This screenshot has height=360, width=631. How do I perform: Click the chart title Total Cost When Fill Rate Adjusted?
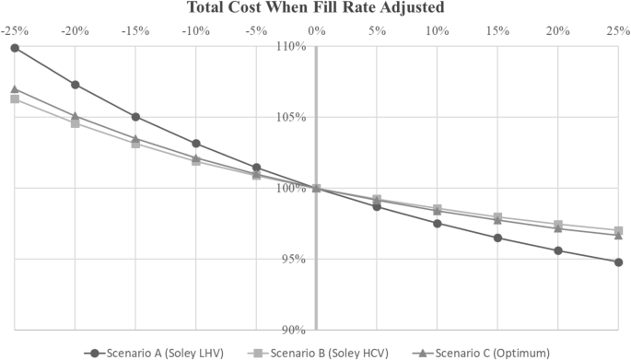[x=316, y=7]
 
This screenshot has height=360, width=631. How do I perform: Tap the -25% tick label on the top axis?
[x=14, y=29]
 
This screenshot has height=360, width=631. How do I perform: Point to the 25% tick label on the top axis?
[x=618, y=29]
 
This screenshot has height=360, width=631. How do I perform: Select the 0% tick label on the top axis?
[x=316, y=29]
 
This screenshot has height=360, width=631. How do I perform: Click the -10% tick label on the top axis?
[x=195, y=29]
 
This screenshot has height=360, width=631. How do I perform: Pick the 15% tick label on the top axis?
[x=497, y=29]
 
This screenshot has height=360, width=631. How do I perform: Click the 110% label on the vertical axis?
[x=292, y=46]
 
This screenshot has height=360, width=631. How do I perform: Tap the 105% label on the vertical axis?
[x=292, y=117]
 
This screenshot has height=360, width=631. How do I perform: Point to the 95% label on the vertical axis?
[x=294, y=259]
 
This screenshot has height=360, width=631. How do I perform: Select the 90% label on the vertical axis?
[x=294, y=330]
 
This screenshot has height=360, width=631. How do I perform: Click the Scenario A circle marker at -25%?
[x=15, y=47]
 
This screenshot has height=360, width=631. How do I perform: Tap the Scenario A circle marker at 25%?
[x=618, y=262]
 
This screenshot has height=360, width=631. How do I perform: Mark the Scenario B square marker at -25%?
[x=15, y=99]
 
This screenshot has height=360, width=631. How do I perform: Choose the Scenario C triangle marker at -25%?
[x=15, y=89]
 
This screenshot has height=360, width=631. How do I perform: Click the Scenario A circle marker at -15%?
[x=135, y=117]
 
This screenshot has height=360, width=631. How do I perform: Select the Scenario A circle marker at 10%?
[x=438, y=224]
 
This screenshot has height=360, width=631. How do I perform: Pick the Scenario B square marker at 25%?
[x=618, y=230]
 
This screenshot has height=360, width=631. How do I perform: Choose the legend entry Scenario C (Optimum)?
[x=485, y=353]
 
